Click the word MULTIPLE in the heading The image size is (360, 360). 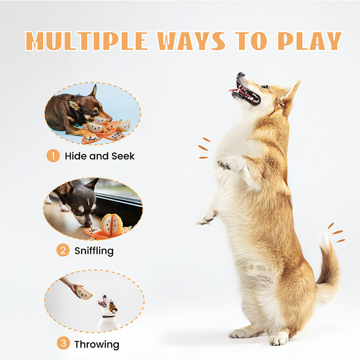pos(86,41)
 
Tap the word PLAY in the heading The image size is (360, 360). pos(310,41)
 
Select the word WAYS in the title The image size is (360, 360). pos(191,41)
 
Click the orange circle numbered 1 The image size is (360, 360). pos(53,156)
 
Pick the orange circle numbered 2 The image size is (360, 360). pos(63,250)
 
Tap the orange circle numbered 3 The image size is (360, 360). pos(63,343)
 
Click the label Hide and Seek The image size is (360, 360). pos(99,156)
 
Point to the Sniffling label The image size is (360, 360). pos(94,251)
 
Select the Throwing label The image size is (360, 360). pos(97,345)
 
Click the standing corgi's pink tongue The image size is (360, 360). pos(234,90)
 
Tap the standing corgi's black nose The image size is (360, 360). pos(240,75)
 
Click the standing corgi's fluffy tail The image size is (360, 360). pos(328,264)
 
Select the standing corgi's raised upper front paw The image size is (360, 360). pos(227,164)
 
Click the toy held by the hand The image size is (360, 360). pos(83,292)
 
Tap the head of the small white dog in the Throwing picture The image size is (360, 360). pos(108,305)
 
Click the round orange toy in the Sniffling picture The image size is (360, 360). pos(112,224)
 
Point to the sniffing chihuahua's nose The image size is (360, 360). pos(88,223)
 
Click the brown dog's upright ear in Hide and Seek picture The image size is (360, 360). pos(94,91)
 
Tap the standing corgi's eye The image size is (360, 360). pos(265,87)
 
